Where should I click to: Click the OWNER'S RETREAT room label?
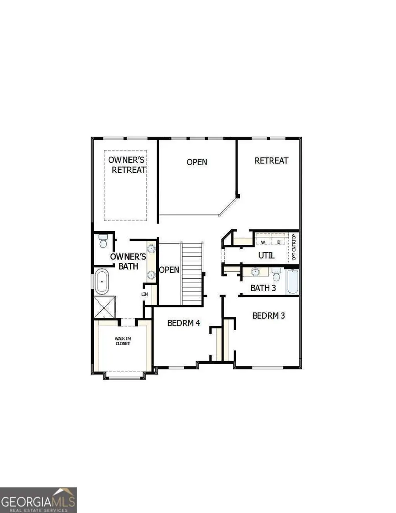(x=128, y=164)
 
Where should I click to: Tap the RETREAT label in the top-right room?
(x=271, y=161)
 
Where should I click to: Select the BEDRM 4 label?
(x=184, y=323)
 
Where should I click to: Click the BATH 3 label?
(x=263, y=288)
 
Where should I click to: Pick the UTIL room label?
(x=266, y=255)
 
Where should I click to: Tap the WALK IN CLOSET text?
(x=123, y=341)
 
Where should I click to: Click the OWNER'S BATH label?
(x=125, y=261)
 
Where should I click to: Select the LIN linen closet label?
(x=145, y=294)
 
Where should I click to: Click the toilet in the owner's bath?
(x=103, y=241)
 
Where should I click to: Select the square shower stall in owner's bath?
(x=105, y=308)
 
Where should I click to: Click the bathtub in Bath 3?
(x=293, y=282)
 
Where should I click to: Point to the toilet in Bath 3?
(x=276, y=274)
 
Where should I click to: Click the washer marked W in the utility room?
(x=264, y=242)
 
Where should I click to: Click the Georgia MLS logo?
(x=38, y=500)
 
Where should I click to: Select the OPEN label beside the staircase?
(x=169, y=269)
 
